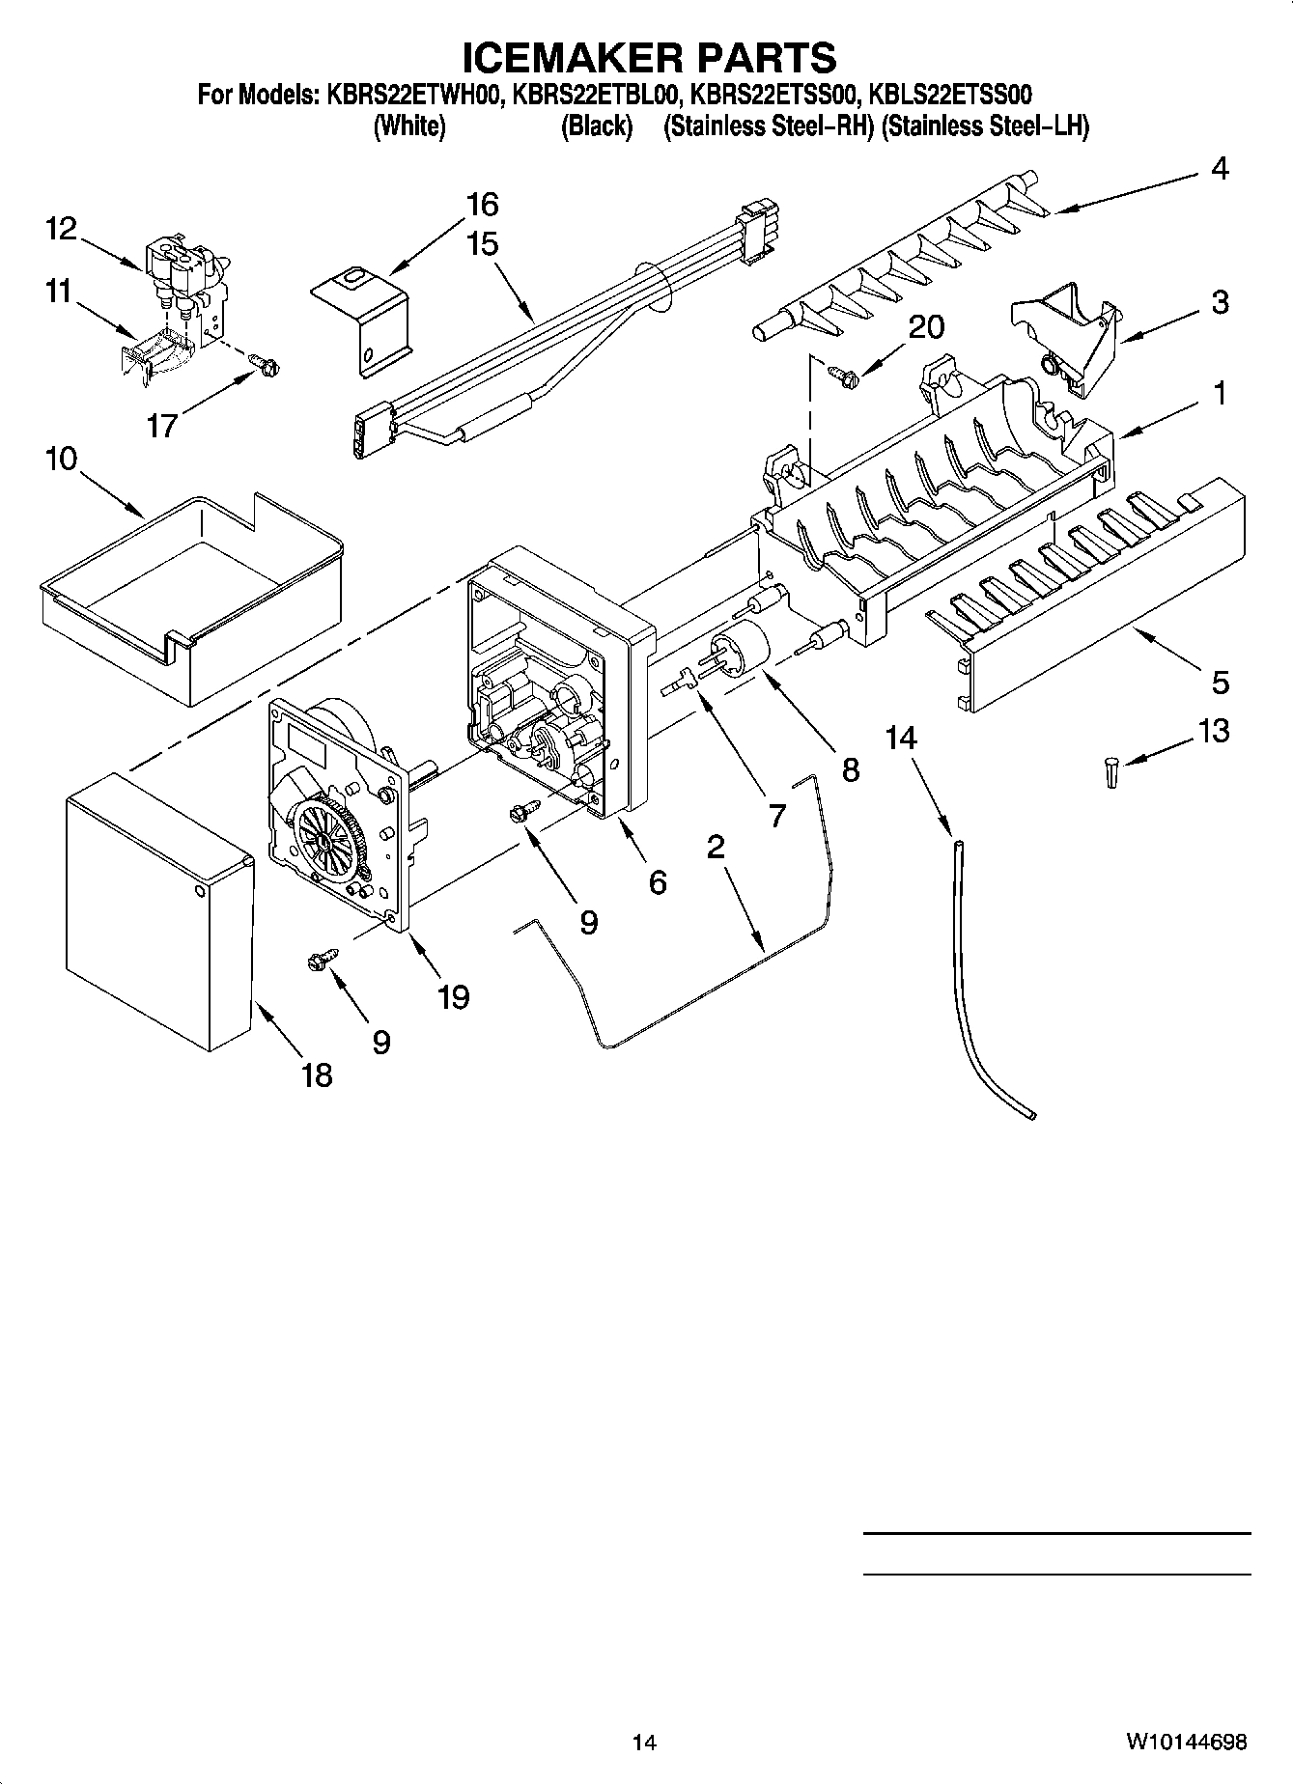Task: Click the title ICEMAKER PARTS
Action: click(x=649, y=58)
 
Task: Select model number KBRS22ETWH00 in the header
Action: click(x=413, y=95)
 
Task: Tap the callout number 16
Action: click(x=482, y=205)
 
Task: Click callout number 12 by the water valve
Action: click(x=60, y=229)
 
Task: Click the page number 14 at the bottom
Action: click(x=644, y=1743)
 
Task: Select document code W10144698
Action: click(x=1185, y=1743)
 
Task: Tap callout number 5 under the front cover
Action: click(x=1220, y=682)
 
